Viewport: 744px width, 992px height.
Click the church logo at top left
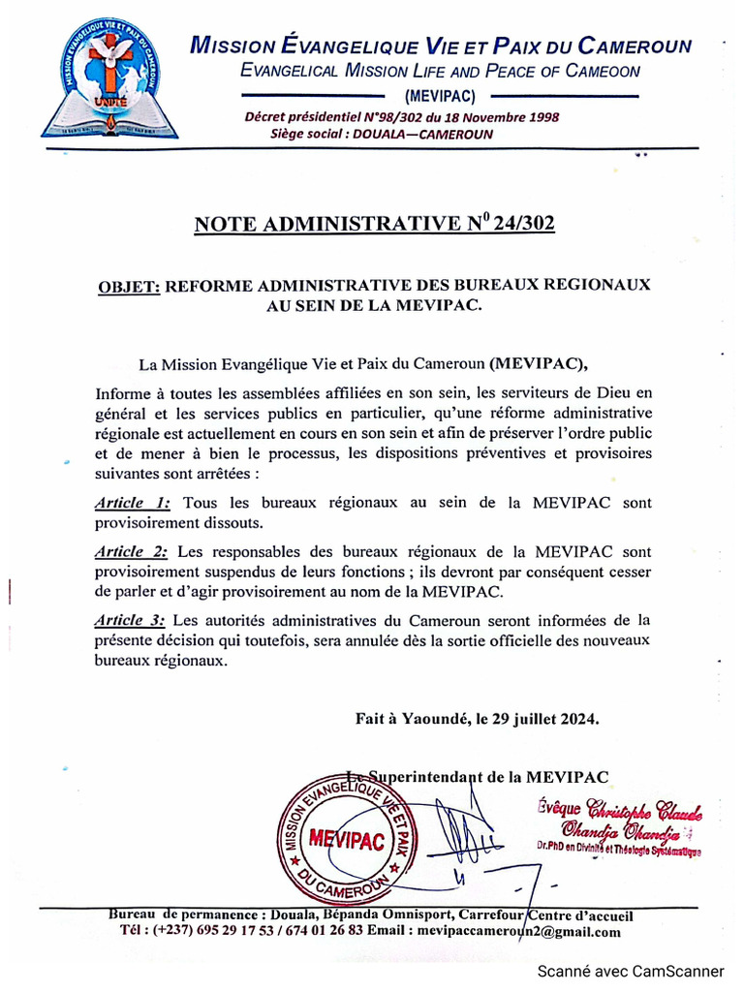pyautogui.click(x=102, y=82)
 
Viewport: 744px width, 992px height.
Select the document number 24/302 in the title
pyautogui.click(x=523, y=224)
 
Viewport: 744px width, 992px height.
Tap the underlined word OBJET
pyautogui.click(x=129, y=286)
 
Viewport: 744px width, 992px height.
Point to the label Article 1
pyautogui.click(x=133, y=503)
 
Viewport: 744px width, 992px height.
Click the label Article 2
pyautogui.click(x=133, y=551)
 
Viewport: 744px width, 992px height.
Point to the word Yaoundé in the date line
pyautogui.click(x=429, y=719)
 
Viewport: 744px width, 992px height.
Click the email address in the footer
pyautogui.click(x=518, y=931)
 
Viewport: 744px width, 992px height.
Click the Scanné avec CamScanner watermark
pyautogui.click(x=631, y=971)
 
